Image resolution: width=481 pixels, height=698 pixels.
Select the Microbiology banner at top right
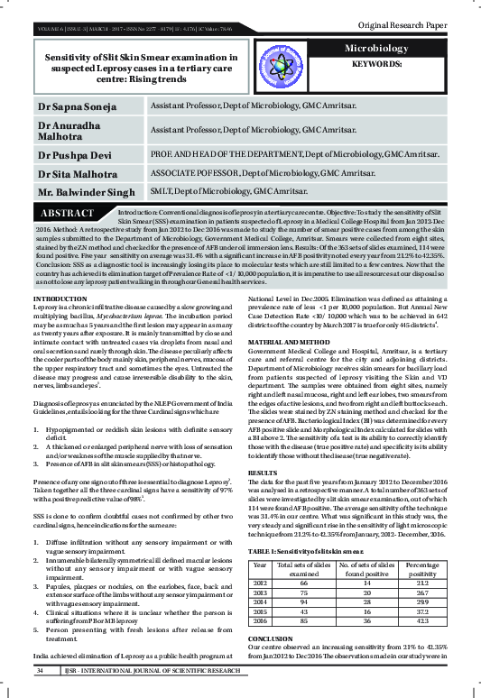390,47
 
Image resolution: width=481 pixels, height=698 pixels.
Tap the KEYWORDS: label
391,65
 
